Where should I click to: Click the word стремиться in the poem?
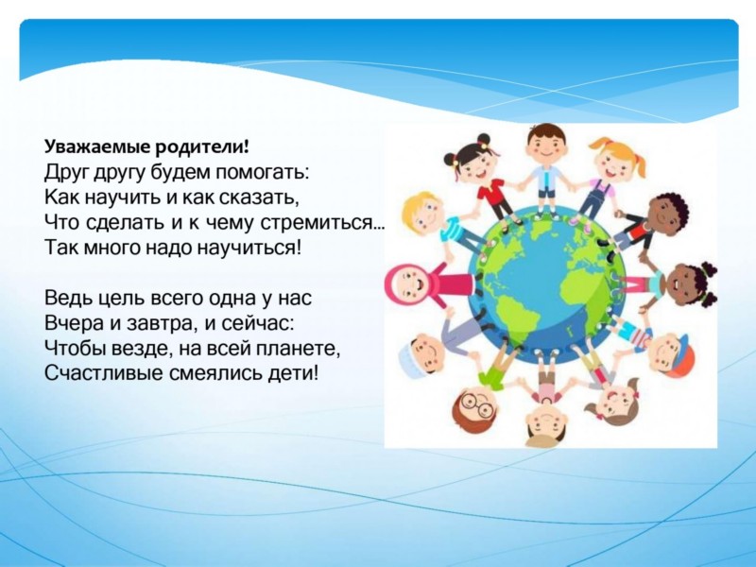(318, 222)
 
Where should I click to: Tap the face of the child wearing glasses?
(473, 405)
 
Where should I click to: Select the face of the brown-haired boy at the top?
(546, 146)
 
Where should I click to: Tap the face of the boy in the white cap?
(422, 353)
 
